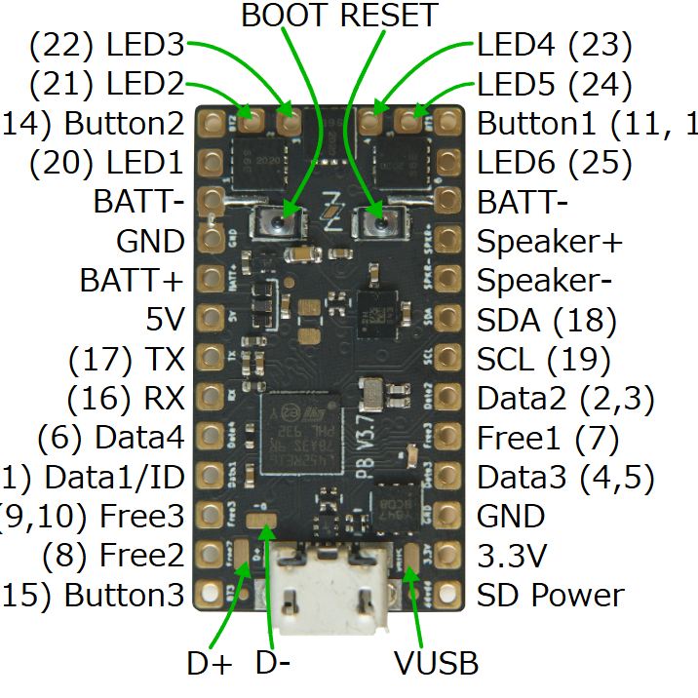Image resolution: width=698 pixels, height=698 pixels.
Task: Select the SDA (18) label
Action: tap(546, 320)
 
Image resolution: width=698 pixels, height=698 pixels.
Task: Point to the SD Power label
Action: tap(550, 595)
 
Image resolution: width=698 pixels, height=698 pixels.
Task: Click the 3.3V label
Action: tap(511, 556)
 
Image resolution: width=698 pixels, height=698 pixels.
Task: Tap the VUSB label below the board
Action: tap(436, 664)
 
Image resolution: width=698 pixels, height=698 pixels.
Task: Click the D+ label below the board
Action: tap(210, 664)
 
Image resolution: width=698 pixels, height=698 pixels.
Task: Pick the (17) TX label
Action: tap(126, 360)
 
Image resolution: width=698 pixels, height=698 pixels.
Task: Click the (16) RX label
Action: tap(126, 399)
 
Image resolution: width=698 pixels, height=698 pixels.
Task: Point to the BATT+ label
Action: tap(132, 281)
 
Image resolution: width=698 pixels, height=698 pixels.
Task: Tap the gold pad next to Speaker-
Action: tap(447, 279)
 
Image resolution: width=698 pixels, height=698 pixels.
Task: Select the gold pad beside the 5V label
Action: tap(210, 318)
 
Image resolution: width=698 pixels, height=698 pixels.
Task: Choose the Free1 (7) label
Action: tap(548, 439)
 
